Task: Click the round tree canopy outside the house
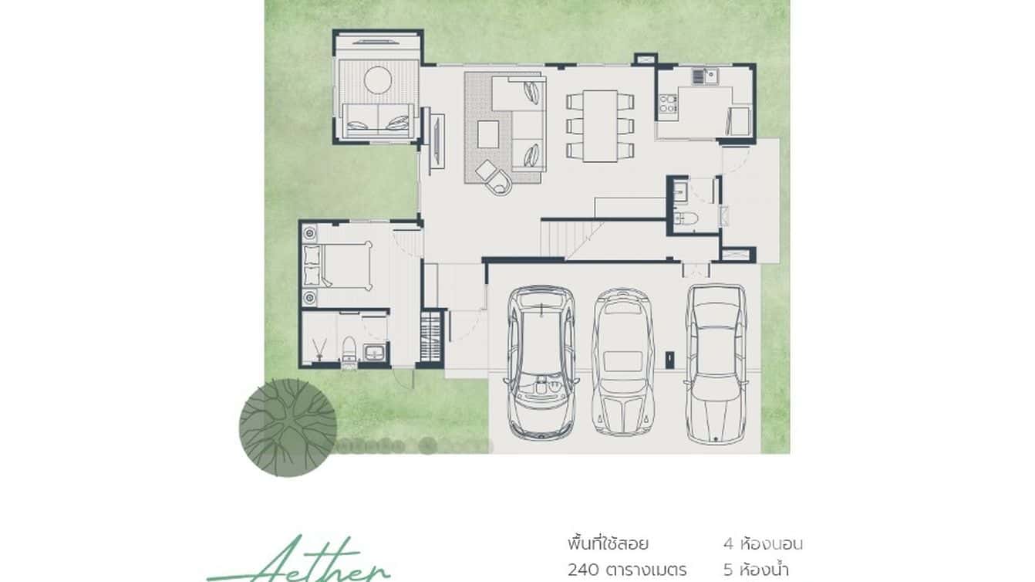[x=288, y=426]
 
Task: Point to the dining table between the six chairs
[x=600, y=125]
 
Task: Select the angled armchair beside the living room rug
[x=494, y=177]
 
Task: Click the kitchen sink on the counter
[x=704, y=76]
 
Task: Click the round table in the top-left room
[x=379, y=80]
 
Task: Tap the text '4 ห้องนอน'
[x=763, y=543]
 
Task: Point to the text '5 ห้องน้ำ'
[x=763, y=570]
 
